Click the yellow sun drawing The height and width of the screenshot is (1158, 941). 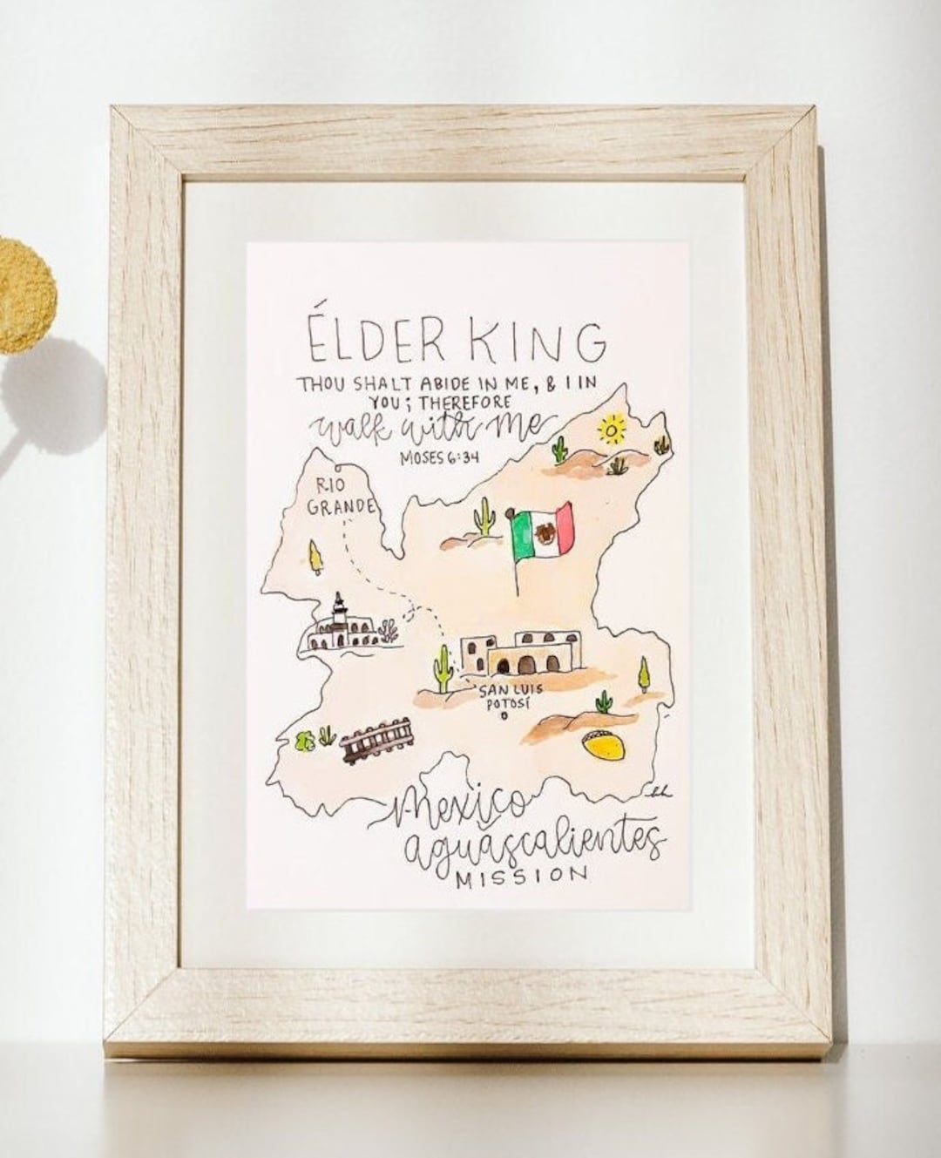point(613,430)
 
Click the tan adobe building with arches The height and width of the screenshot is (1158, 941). point(519,653)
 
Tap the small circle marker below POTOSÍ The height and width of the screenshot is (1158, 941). point(505,717)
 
